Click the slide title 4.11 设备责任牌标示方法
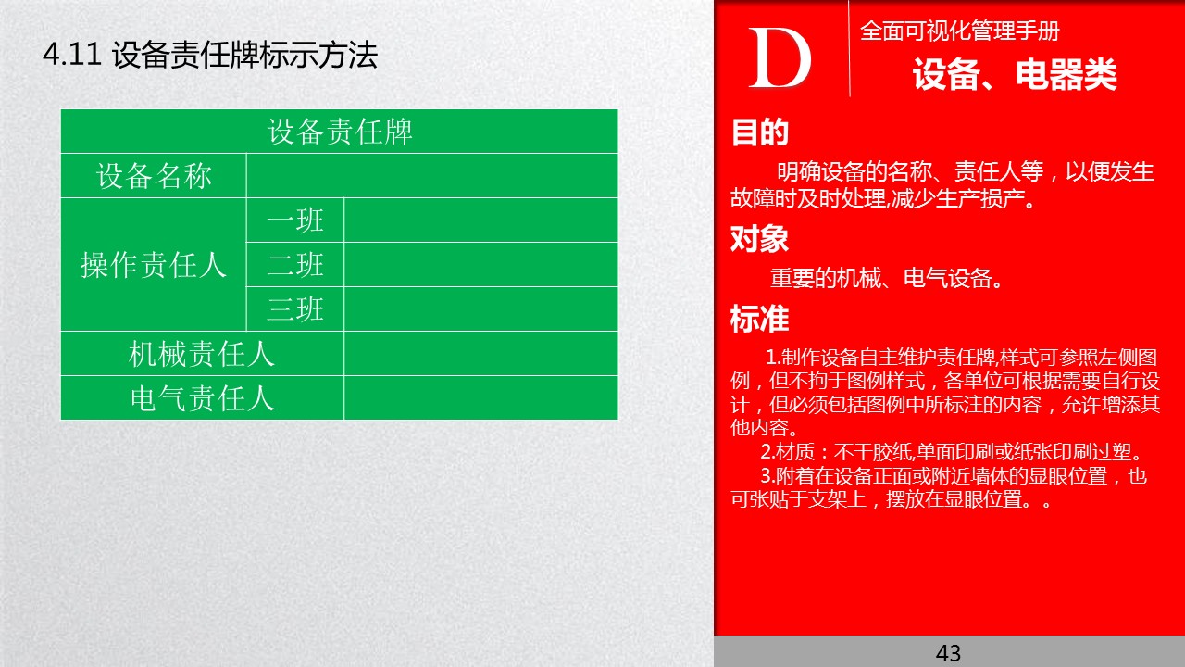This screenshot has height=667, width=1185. tap(210, 56)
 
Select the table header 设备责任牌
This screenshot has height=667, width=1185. tap(339, 132)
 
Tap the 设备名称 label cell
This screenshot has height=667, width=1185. tap(154, 176)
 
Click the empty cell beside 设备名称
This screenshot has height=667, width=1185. tap(431, 176)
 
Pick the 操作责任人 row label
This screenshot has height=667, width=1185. tap(154, 265)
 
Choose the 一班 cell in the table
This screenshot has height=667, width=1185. tap(295, 220)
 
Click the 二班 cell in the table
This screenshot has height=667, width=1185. tap(295, 265)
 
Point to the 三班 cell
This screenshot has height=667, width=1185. tap(295, 308)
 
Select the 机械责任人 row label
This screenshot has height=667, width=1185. tap(202, 353)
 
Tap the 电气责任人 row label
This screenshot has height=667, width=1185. tap(202, 397)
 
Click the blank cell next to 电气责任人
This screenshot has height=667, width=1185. tap(480, 397)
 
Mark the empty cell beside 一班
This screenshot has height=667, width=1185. tap(480, 220)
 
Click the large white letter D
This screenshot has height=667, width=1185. tap(780, 59)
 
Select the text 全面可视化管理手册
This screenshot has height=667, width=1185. tap(959, 31)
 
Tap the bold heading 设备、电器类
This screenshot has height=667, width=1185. tap(1015, 75)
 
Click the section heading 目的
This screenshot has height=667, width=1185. tap(759, 133)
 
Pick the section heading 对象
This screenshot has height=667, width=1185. tap(759, 240)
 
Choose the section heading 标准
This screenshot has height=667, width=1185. tap(759, 319)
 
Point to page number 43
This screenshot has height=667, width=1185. tap(949, 653)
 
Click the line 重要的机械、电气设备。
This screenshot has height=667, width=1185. tap(887, 279)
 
